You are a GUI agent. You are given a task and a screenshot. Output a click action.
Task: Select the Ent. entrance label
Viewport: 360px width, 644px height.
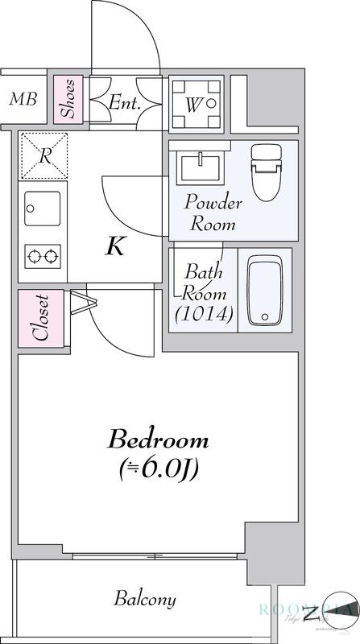126,102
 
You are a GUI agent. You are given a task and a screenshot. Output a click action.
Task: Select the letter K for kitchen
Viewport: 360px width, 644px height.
116,246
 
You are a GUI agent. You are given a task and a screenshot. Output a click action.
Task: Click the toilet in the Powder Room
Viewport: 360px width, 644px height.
265,170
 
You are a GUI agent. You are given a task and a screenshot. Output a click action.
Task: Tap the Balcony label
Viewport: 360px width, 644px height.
144,599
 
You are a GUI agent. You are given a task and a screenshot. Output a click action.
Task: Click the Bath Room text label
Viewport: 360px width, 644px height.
204,281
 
